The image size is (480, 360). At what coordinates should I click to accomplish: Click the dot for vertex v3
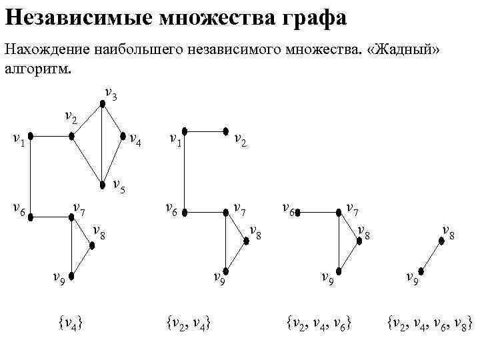click(101, 104)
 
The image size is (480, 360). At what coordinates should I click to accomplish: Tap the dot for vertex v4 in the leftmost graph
click(121, 137)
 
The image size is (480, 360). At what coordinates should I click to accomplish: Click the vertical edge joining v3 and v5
click(101, 143)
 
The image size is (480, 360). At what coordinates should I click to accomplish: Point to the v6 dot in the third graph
click(299, 213)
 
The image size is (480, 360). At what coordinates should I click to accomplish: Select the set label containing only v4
click(70, 325)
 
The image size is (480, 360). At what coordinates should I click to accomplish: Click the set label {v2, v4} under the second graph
click(189, 325)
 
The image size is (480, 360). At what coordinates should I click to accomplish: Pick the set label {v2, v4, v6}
click(319, 325)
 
